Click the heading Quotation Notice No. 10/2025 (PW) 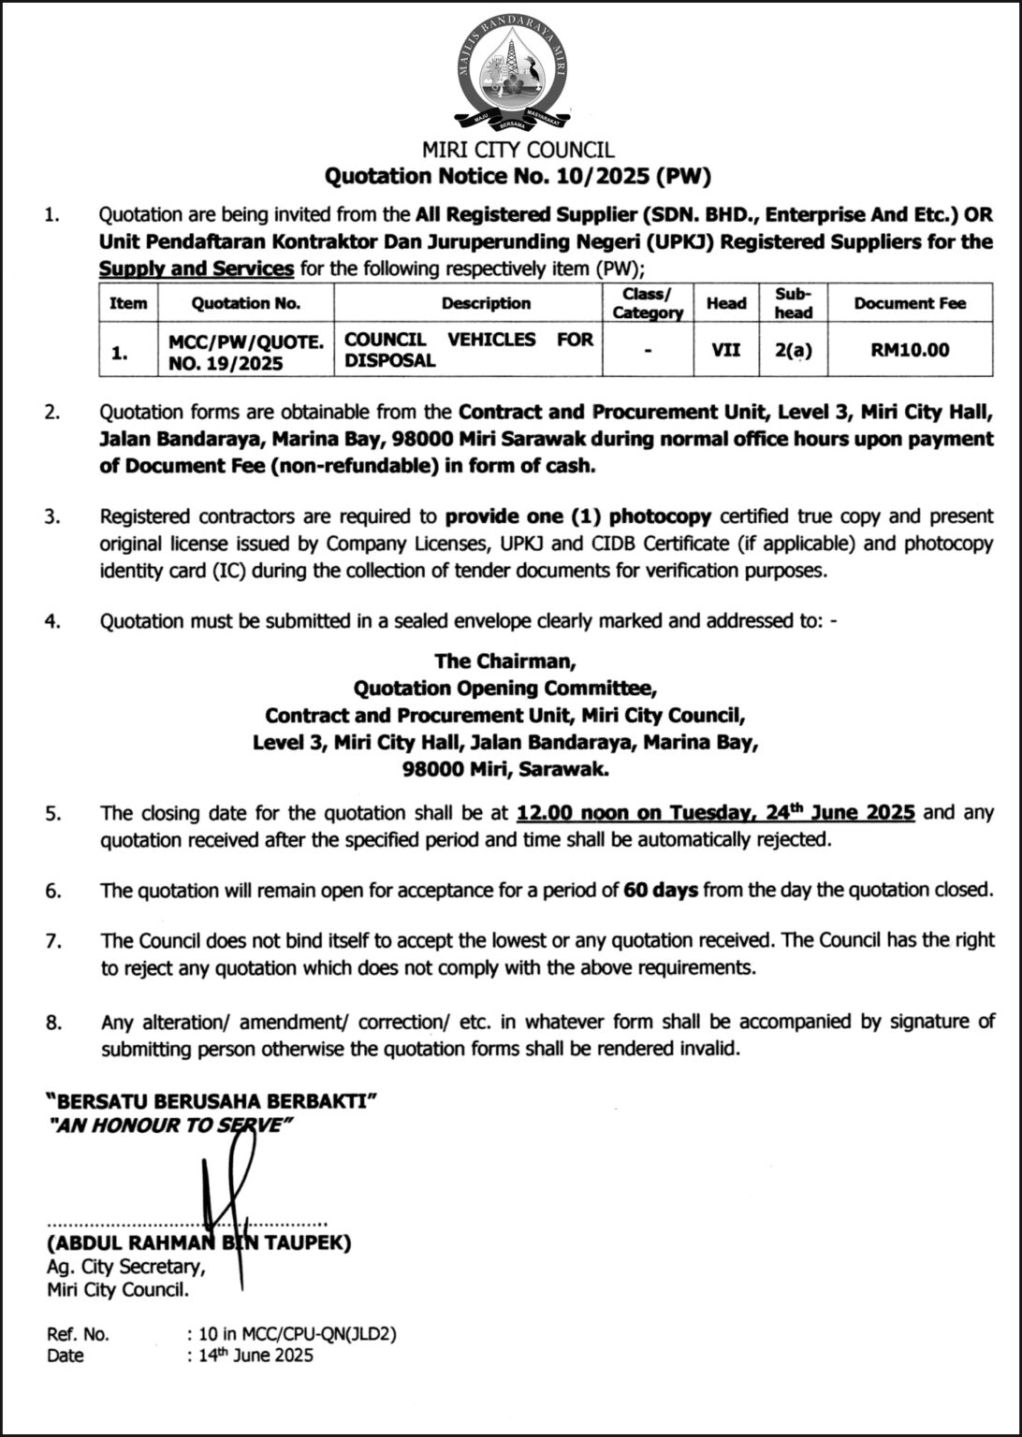click(x=517, y=175)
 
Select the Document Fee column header click(x=909, y=303)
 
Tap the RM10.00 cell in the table click(x=909, y=350)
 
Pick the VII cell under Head click(x=725, y=350)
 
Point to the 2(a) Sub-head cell click(x=793, y=350)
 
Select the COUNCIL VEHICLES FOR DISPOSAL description click(x=468, y=350)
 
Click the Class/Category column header click(x=647, y=303)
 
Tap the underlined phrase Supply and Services click(x=197, y=269)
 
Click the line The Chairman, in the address click(x=505, y=660)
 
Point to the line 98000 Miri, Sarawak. click(x=505, y=770)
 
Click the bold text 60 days click(x=661, y=890)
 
